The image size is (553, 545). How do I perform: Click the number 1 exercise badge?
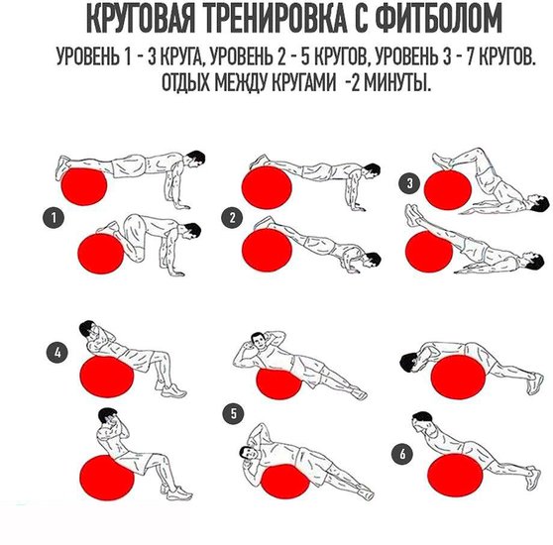point(54,218)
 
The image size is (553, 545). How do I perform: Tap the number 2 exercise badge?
point(232,218)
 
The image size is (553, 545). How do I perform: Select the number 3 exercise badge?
point(410,183)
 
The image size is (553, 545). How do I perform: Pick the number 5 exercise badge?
point(234,413)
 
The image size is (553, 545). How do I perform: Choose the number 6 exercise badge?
point(402,454)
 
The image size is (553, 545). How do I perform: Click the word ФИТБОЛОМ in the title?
point(438,20)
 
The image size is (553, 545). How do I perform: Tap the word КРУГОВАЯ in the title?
point(140,20)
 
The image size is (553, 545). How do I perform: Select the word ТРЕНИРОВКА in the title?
point(275,20)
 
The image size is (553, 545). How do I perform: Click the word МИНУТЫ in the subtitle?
point(395,83)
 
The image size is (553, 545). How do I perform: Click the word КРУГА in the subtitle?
point(181,56)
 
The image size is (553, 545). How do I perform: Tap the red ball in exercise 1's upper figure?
point(84,187)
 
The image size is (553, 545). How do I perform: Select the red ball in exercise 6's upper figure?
point(458,377)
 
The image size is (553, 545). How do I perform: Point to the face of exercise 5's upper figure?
point(259,341)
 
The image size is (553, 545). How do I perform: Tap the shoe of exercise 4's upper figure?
point(173,390)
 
